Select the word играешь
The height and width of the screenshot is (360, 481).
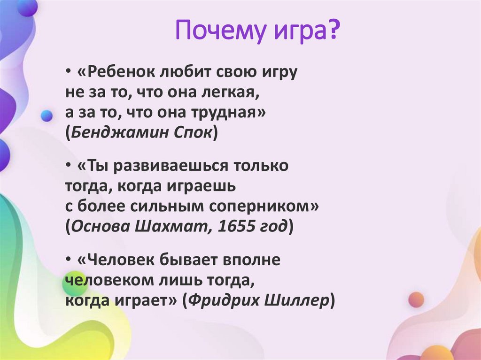200,187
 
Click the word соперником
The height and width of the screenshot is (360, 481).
269,207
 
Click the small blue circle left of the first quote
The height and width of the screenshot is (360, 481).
47,115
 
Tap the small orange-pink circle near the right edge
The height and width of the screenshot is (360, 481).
416,299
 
